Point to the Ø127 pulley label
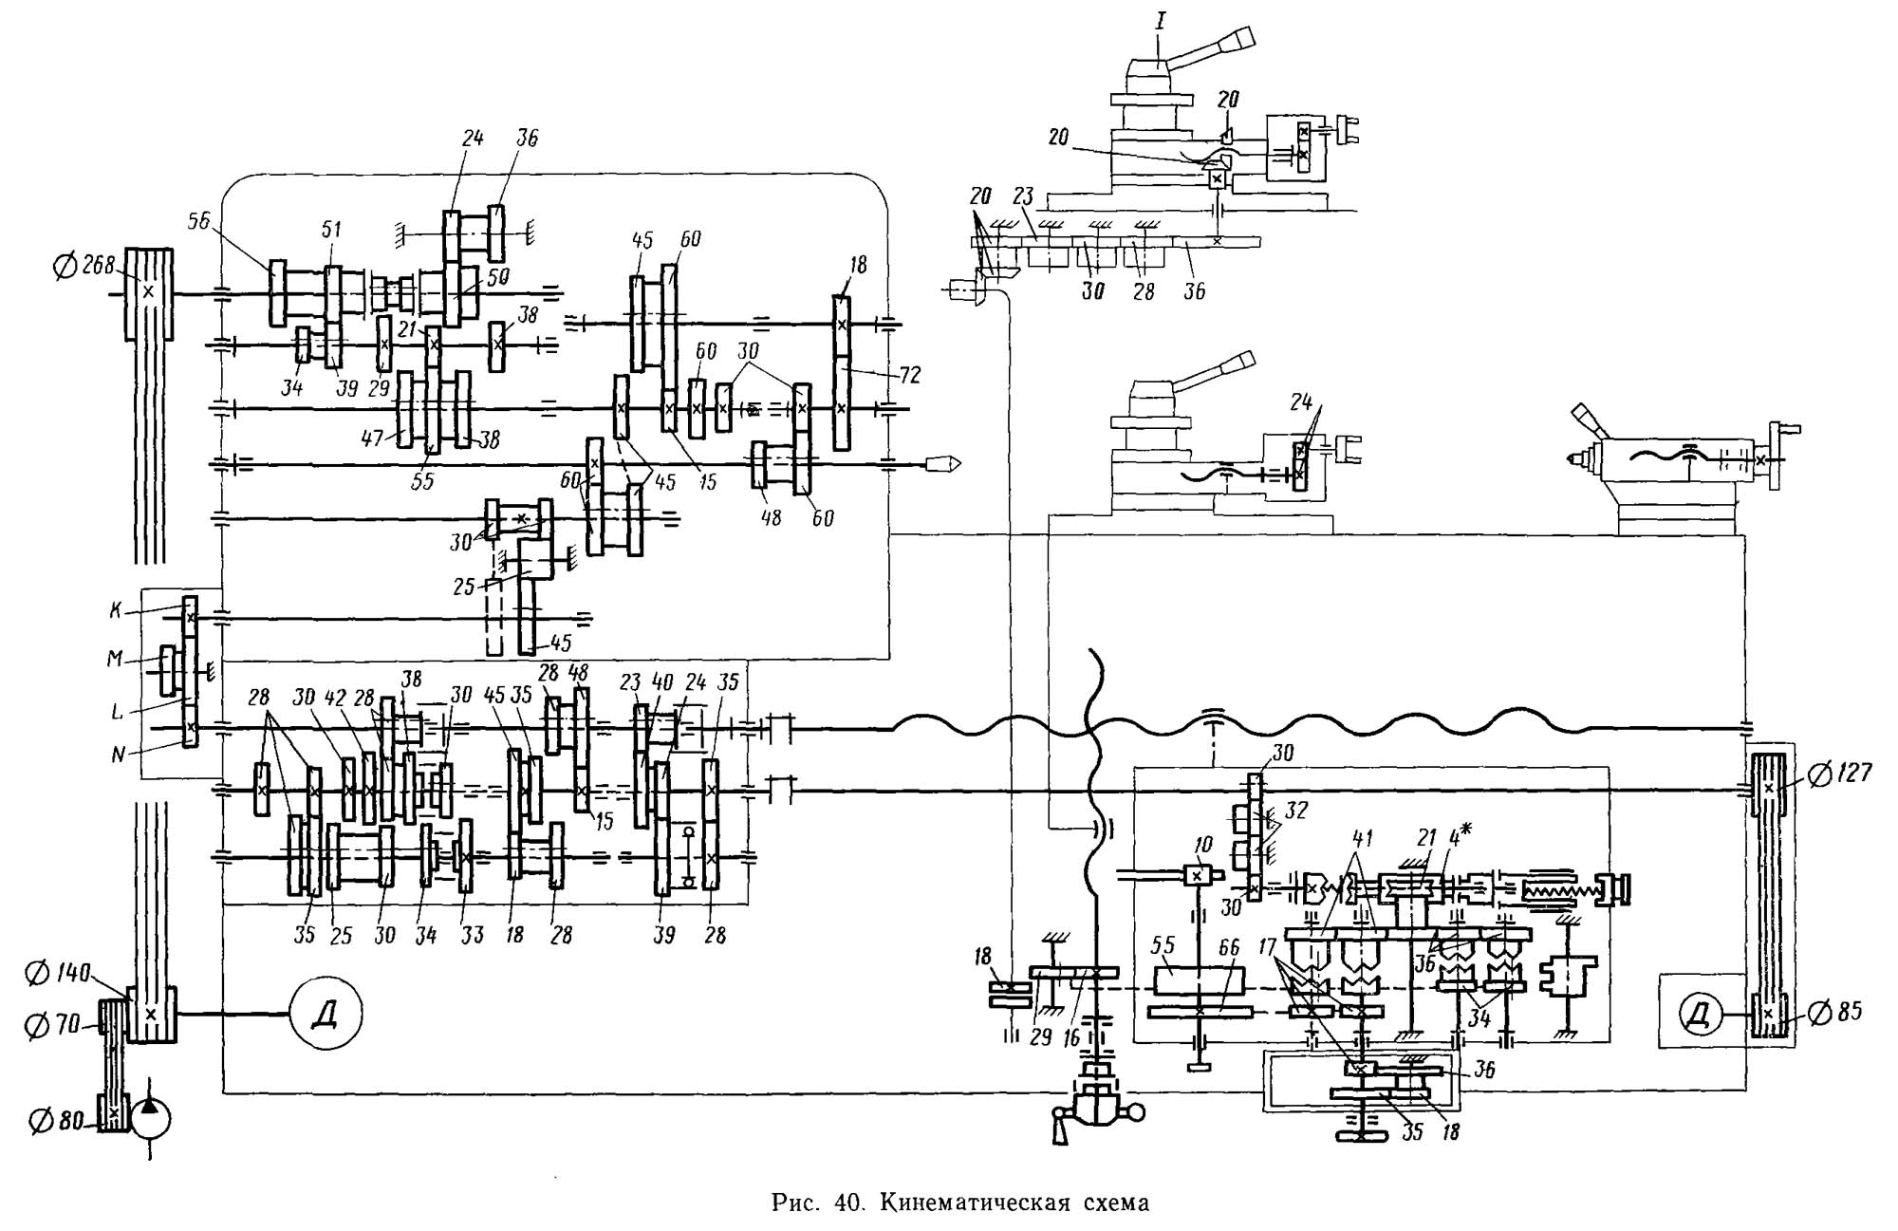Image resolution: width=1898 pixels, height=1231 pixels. [1839, 774]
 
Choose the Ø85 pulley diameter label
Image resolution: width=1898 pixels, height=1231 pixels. [1834, 1013]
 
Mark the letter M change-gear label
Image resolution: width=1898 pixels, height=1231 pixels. [116, 658]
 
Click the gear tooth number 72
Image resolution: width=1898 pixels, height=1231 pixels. [908, 374]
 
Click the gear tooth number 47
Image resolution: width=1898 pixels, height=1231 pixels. [371, 438]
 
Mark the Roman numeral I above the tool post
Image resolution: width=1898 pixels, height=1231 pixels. [1159, 18]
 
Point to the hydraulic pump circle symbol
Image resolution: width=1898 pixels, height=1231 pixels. [151, 1120]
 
